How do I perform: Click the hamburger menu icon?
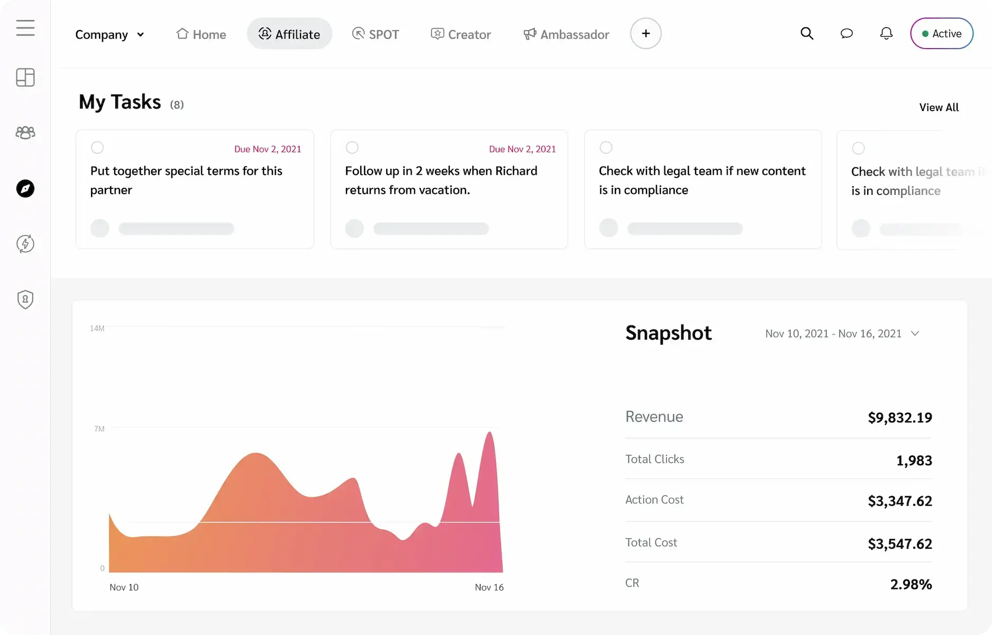point(25,28)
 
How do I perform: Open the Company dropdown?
point(110,34)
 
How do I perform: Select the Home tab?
point(201,34)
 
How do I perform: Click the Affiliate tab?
point(289,34)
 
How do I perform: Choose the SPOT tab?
point(376,34)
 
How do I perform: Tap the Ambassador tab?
point(566,34)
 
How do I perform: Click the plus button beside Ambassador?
point(645,33)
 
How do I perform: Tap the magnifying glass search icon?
point(806,33)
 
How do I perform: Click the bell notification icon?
point(886,33)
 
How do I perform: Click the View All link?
point(939,107)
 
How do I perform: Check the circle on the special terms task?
point(97,148)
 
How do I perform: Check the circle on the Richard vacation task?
point(352,148)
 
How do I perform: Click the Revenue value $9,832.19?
point(899,418)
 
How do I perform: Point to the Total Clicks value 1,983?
point(914,460)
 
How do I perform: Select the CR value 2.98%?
point(911,584)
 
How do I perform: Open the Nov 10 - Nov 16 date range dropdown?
point(842,333)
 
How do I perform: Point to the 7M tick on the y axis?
point(99,429)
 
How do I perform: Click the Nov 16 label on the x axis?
point(489,587)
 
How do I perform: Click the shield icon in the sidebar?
point(25,300)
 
